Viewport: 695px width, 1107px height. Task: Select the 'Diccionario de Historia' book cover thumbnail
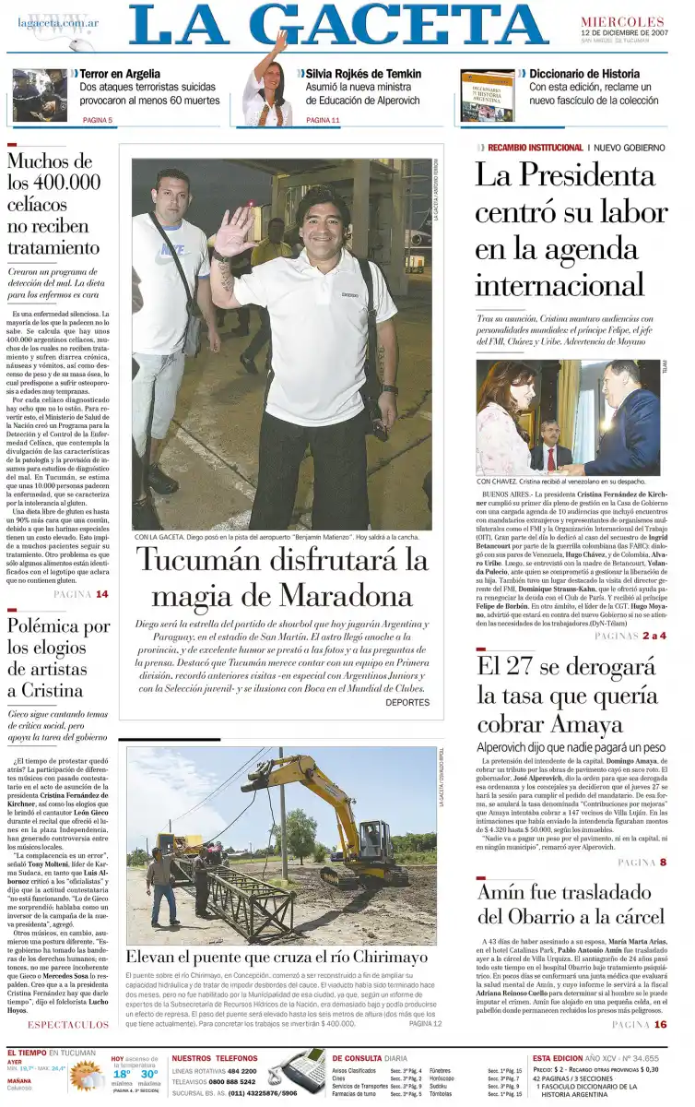tap(487, 97)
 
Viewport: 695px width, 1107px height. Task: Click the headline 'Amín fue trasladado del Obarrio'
tap(571, 904)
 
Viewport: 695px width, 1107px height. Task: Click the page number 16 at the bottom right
tap(660, 1024)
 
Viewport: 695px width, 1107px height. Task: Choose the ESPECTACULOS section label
tap(67, 1024)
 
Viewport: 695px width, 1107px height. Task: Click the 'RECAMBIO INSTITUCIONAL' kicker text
tap(536, 148)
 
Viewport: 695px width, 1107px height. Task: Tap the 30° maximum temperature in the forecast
tap(148, 1074)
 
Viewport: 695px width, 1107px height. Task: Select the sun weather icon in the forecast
tap(86, 1076)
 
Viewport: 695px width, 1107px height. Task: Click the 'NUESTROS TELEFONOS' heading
tap(215, 1057)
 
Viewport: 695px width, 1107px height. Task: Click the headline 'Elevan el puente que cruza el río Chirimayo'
tap(277, 958)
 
